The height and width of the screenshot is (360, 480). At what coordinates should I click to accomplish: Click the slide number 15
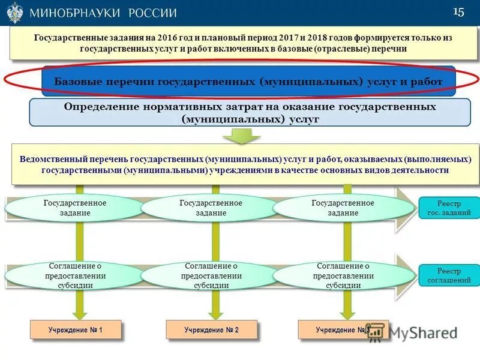pos(459,13)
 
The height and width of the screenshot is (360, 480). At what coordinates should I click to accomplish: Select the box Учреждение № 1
pos(76,329)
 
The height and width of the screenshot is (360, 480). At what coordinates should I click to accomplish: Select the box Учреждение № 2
pos(211,329)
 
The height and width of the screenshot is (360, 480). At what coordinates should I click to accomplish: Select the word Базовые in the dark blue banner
pos(77,81)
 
